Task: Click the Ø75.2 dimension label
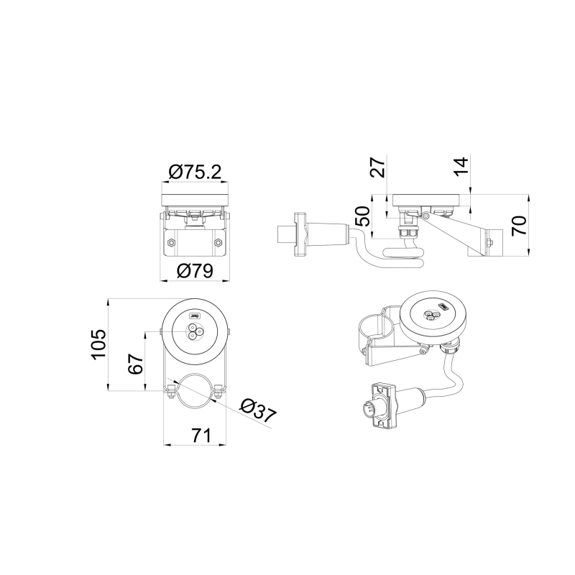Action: click(x=195, y=172)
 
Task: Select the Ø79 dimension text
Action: click(x=195, y=271)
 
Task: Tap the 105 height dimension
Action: click(x=98, y=344)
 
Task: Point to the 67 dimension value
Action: click(x=135, y=364)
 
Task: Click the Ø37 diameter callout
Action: click(x=258, y=410)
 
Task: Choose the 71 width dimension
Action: click(x=201, y=436)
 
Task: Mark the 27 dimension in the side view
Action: click(x=378, y=167)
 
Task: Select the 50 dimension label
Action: click(x=363, y=216)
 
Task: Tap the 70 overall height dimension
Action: click(x=519, y=226)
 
